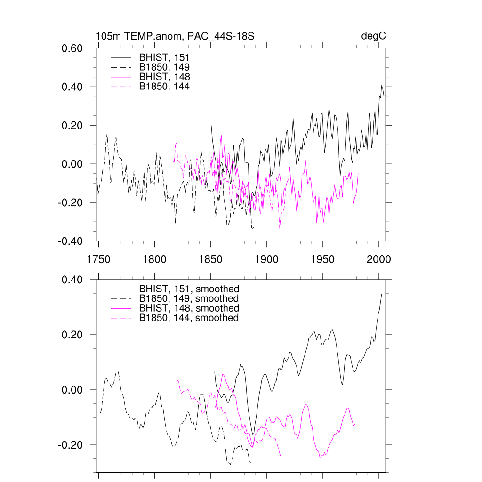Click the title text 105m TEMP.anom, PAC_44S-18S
click(x=175, y=36)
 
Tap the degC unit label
click(x=374, y=36)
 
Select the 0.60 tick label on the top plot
click(x=73, y=48)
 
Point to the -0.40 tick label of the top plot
click(x=72, y=241)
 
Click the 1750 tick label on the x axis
click(x=98, y=259)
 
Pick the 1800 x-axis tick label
click(x=154, y=259)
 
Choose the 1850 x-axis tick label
click(x=210, y=259)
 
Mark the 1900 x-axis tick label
click(x=266, y=259)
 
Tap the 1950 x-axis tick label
click(x=322, y=259)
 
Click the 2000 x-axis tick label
click(x=378, y=259)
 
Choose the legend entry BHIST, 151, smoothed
click(x=189, y=289)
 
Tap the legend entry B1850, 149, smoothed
click(x=189, y=299)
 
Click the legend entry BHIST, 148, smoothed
click(x=189, y=308)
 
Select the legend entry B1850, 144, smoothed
click(x=189, y=318)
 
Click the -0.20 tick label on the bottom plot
click(x=72, y=445)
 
